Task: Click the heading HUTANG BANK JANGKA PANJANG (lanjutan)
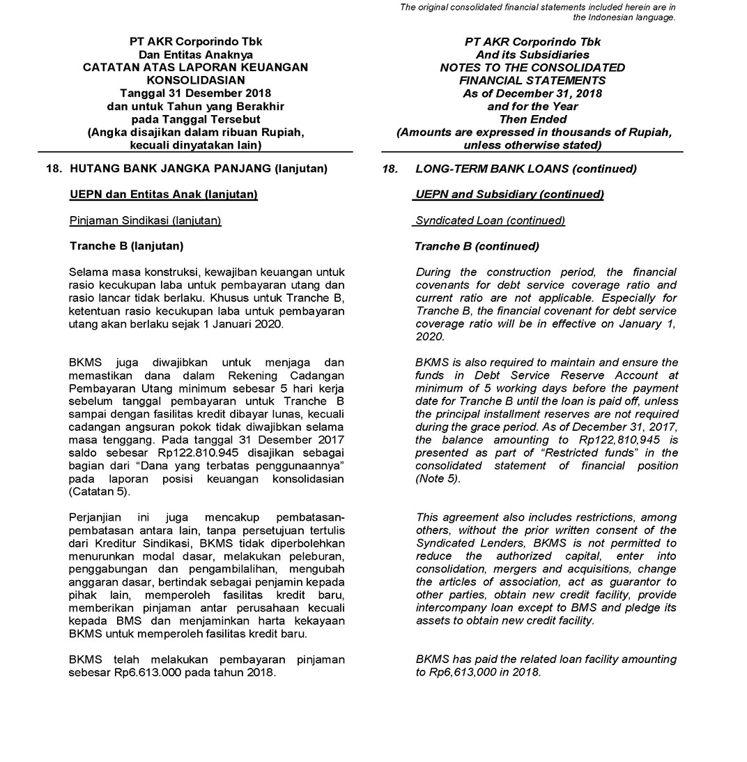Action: pos(199,169)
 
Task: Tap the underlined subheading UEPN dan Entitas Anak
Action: pos(164,195)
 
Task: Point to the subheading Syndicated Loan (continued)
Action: pos(490,220)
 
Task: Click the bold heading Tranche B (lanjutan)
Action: pos(127,246)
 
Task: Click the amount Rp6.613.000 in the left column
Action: pos(147,673)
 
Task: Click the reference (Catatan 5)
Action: pos(100,492)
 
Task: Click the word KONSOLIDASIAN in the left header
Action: pos(195,80)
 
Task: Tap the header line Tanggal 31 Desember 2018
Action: pos(195,93)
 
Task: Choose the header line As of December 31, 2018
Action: pos(532,93)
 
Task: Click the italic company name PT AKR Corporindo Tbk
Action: pos(532,42)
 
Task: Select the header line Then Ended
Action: pos(532,119)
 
